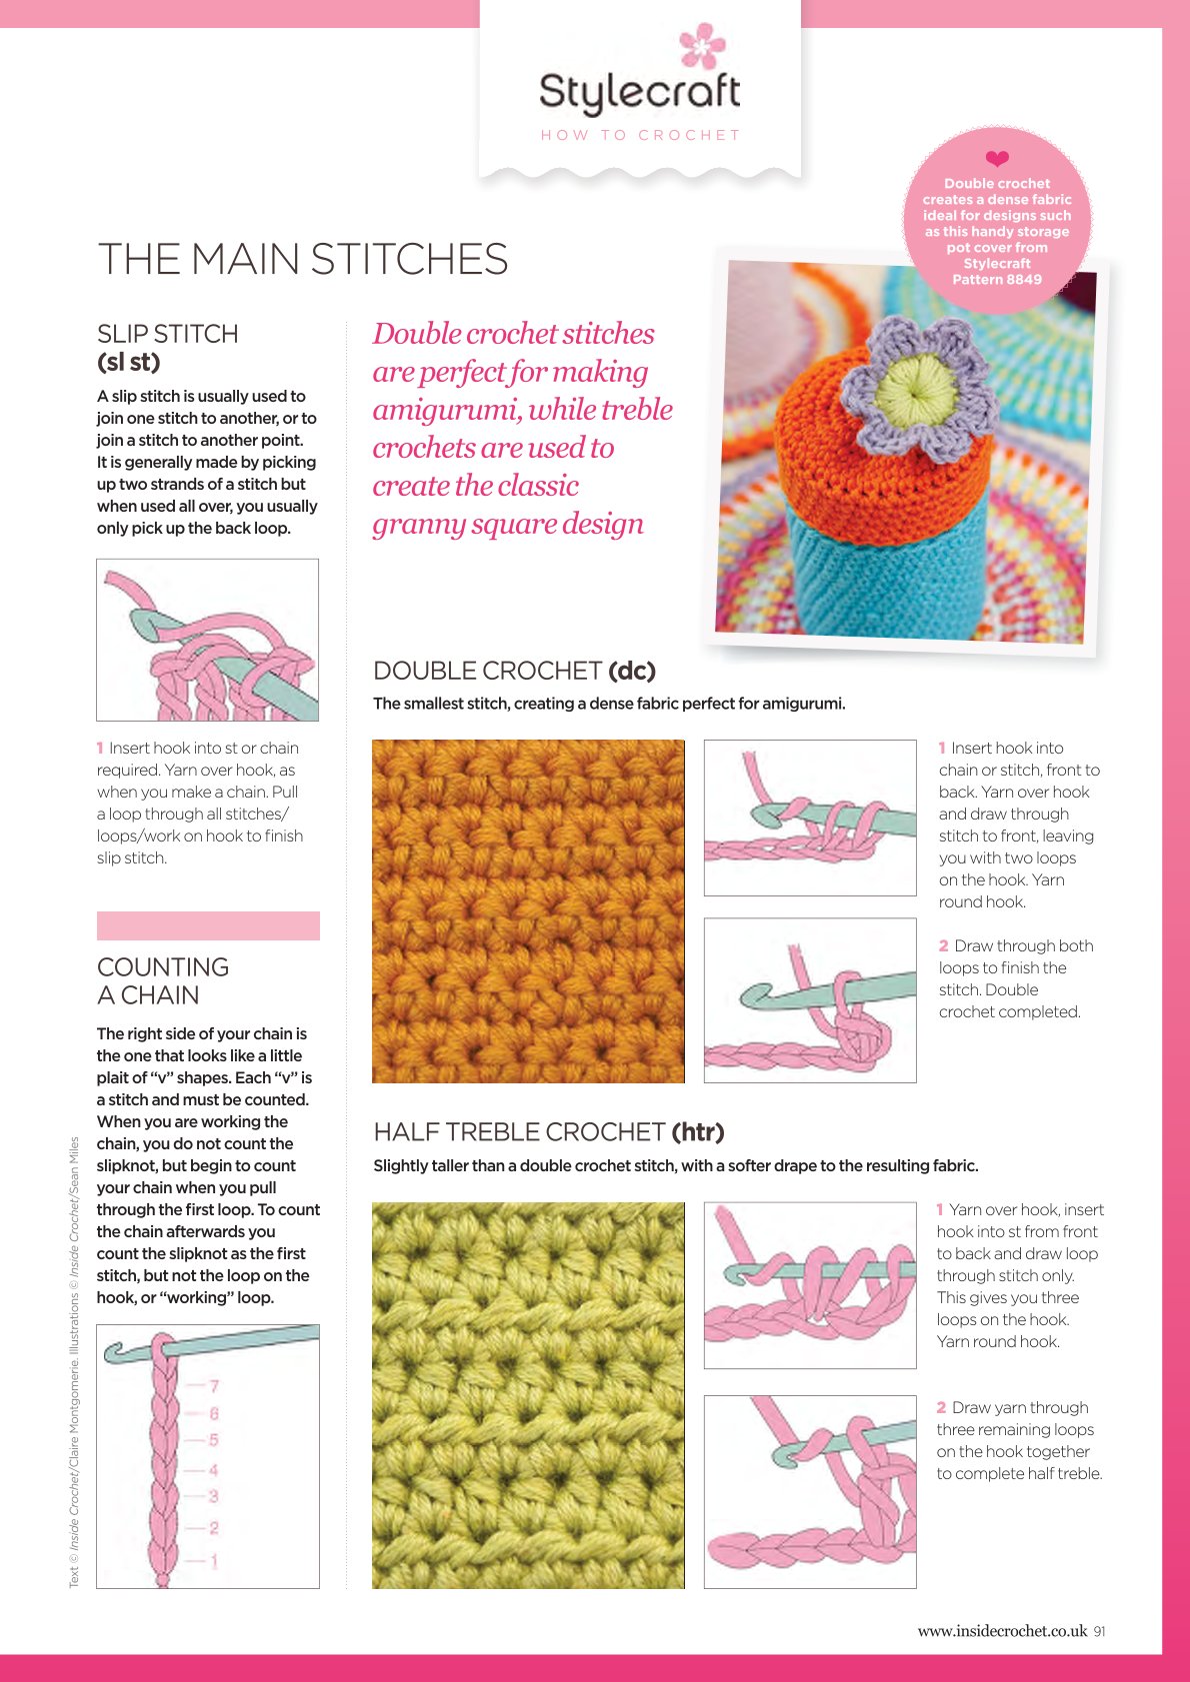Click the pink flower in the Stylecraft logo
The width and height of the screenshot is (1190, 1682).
tap(702, 44)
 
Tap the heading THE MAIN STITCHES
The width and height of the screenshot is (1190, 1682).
tap(303, 259)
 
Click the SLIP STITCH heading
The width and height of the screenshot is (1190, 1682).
tap(168, 334)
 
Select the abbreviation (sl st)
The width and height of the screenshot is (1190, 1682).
tap(128, 362)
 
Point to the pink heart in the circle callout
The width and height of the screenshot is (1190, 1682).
tap(997, 158)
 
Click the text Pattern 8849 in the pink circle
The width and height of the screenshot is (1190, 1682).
tap(997, 279)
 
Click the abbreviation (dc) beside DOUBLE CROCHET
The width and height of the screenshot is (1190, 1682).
tap(632, 671)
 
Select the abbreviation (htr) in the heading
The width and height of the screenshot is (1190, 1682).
tap(698, 1131)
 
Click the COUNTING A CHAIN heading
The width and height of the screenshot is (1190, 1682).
tap(163, 980)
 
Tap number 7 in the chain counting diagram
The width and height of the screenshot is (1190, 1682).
tap(214, 1385)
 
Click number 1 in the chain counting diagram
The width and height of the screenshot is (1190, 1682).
tap(214, 1561)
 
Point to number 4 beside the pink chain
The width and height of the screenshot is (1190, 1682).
tap(213, 1469)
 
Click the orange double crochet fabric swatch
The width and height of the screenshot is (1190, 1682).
tap(528, 910)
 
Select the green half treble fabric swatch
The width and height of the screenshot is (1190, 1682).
tap(528, 1395)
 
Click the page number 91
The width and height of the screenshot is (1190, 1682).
tap(1099, 1631)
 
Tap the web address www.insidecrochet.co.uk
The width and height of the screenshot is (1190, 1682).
tap(1002, 1631)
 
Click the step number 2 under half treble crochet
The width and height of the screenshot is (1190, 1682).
tap(941, 1407)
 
